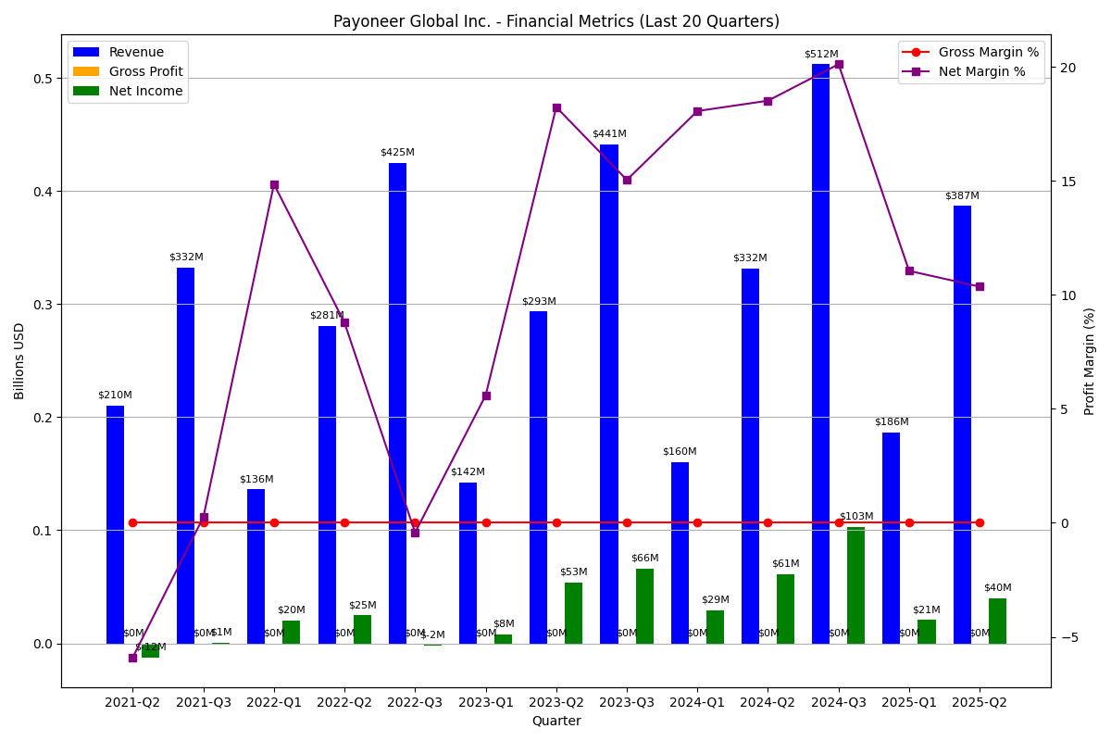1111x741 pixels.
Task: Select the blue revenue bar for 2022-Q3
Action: pos(397,403)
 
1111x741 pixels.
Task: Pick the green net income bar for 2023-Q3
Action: pos(644,606)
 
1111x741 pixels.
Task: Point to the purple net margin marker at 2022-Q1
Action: pos(274,185)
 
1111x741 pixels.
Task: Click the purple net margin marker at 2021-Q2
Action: pos(132,658)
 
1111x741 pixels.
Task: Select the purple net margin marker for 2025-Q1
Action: pos(909,270)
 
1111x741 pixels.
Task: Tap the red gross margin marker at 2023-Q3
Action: pos(627,522)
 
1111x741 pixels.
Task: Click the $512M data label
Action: pos(820,55)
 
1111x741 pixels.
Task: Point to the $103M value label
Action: pos(855,517)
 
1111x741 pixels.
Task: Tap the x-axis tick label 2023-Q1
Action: pos(486,703)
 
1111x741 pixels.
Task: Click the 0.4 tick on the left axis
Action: pos(42,192)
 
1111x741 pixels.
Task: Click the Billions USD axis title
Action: pos(20,361)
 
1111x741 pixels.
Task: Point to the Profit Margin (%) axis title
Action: pos(1090,361)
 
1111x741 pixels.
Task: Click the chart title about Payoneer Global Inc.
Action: pos(555,21)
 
